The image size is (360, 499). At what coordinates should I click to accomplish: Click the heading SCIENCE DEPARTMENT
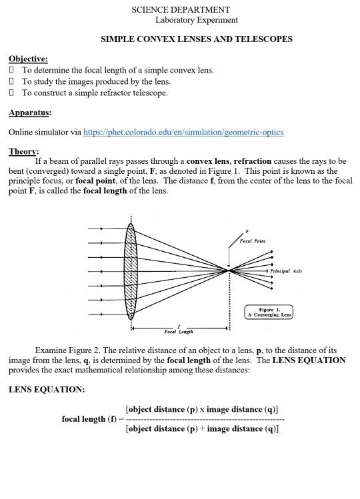pyautogui.click(x=181, y=9)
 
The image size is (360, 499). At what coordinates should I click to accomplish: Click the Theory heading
pyautogui.click(x=24, y=151)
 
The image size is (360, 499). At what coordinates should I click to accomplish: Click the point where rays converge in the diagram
pyautogui.click(x=229, y=271)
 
